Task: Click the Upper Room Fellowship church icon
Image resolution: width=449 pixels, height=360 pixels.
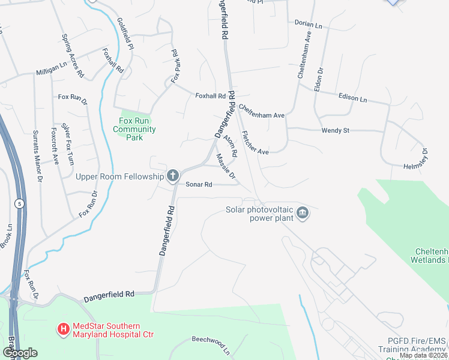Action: pos(173,176)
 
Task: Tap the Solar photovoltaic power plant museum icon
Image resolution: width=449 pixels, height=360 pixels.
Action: pos(303,214)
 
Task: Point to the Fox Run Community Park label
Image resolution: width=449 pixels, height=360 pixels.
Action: pos(134,129)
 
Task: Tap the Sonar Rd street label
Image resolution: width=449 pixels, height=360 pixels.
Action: pos(199,185)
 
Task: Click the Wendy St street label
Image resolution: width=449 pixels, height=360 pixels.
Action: pos(335,130)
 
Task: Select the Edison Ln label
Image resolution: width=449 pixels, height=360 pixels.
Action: pos(352,98)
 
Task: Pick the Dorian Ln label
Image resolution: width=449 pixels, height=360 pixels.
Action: pos(309,24)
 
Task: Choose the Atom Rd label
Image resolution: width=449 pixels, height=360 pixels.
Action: pos(230,146)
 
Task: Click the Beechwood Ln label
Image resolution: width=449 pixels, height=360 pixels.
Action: pos(211,344)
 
